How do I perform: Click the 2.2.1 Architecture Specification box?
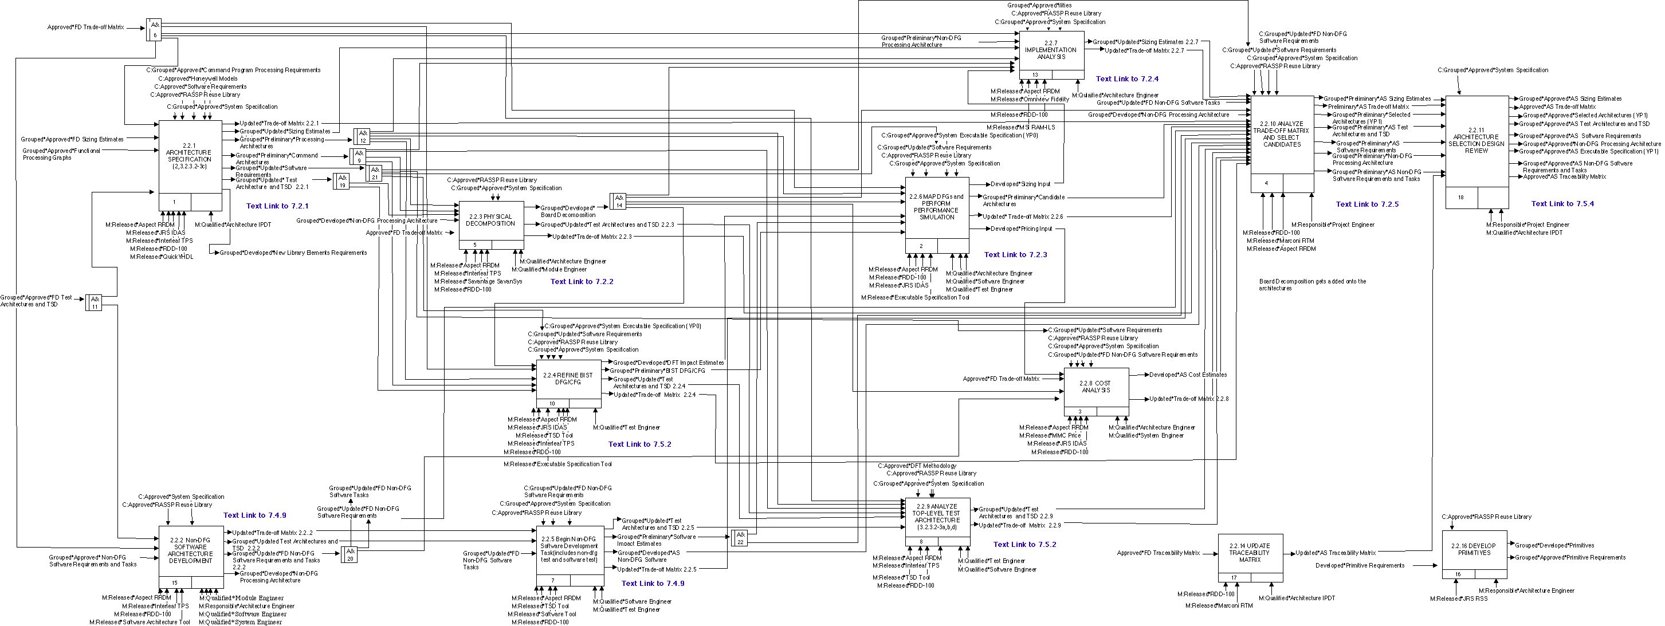(x=190, y=158)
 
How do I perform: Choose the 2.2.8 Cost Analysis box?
(x=1095, y=387)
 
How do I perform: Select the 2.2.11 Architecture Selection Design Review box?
(x=1477, y=143)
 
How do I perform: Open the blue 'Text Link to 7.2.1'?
(x=277, y=206)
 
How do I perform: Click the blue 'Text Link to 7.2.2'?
(x=582, y=282)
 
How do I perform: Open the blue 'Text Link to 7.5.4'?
(x=1562, y=203)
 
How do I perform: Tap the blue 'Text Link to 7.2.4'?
(x=1126, y=79)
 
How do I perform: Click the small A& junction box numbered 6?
(x=154, y=29)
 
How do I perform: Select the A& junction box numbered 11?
(x=95, y=302)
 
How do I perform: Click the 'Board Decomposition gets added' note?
(x=1312, y=285)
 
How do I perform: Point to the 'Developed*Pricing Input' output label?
(x=1021, y=229)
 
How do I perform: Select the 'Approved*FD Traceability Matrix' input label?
(x=1159, y=553)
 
